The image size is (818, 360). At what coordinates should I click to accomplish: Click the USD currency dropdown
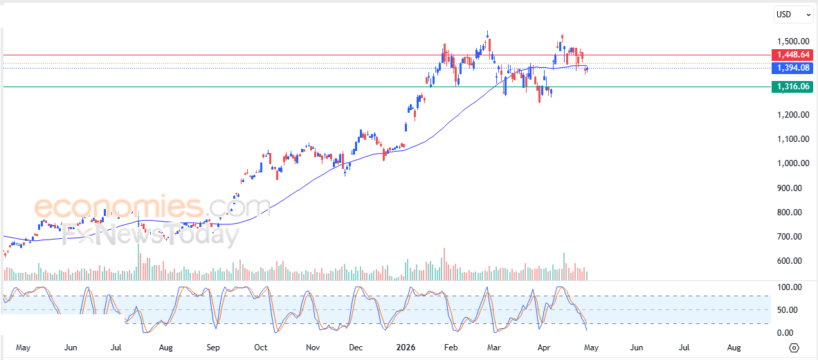(793, 14)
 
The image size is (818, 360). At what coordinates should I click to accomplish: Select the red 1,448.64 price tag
(792, 54)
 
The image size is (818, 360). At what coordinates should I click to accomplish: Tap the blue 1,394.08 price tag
(792, 68)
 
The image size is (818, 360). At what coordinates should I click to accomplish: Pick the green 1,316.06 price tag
(792, 87)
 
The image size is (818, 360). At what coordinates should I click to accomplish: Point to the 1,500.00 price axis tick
(792, 41)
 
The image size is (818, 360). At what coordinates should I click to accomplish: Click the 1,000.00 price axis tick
(792, 163)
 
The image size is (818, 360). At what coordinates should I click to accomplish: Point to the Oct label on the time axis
(261, 347)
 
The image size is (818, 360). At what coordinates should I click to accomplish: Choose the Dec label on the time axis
(356, 347)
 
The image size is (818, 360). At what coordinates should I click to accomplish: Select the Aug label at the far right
(734, 347)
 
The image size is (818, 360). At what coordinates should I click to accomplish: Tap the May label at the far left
(24, 347)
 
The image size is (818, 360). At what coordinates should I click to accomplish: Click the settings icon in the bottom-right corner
(794, 348)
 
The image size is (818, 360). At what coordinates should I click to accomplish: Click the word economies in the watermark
(118, 207)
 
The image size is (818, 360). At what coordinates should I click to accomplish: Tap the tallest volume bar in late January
(444, 264)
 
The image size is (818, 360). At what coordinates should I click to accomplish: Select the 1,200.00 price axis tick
(792, 115)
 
